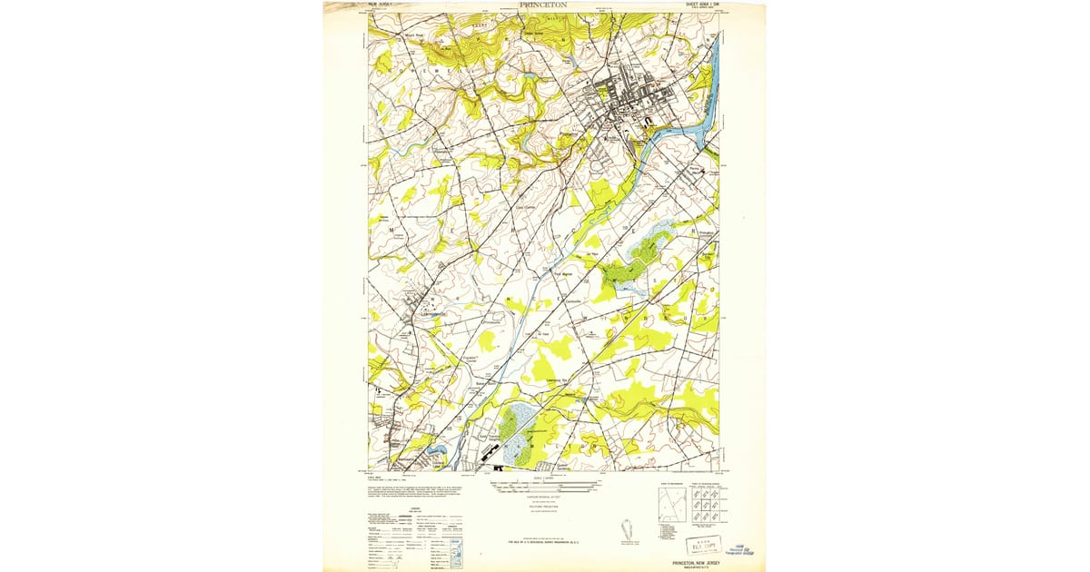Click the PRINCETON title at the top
click(x=543, y=5)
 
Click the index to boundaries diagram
click(x=671, y=505)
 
